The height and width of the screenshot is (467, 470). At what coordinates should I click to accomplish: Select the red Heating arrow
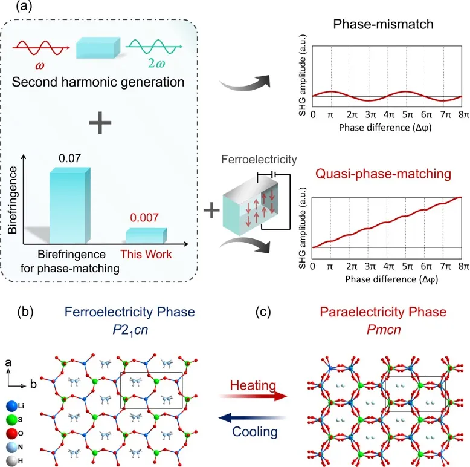[253, 396]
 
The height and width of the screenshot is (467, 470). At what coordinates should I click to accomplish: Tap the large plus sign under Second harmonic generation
[100, 125]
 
